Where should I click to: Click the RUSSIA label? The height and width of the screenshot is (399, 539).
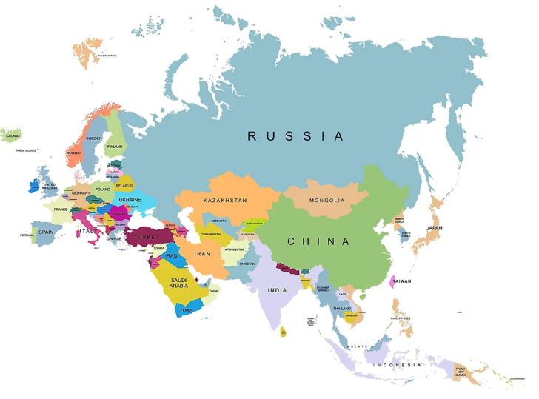(x=295, y=136)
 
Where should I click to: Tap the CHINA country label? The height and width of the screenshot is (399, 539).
(x=318, y=241)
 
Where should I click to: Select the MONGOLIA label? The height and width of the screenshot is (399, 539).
(x=327, y=201)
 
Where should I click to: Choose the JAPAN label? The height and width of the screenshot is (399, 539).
(x=434, y=228)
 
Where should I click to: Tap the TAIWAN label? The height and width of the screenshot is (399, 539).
(x=402, y=281)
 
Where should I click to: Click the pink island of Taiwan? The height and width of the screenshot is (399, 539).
(x=392, y=282)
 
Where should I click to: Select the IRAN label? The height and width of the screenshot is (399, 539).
(x=202, y=254)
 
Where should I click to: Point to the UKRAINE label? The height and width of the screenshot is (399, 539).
(x=130, y=200)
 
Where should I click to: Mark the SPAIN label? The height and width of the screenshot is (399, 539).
(x=46, y=232)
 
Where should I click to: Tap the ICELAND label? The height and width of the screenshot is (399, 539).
(x=13, y=136)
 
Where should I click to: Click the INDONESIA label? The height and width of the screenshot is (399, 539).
(x=397, y=365)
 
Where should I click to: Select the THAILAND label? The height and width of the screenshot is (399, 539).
(x=342, y=308)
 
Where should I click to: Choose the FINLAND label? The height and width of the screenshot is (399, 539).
(x=115, y=147)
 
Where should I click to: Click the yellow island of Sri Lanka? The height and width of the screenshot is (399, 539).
(x=282, y=332)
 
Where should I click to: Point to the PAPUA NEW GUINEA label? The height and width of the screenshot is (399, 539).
(x=461, y=372)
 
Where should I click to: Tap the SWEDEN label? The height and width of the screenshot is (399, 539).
(x=94, y=138)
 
